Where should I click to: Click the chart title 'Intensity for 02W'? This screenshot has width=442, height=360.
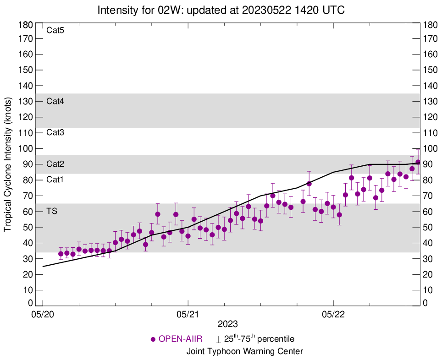[x=221, y=10]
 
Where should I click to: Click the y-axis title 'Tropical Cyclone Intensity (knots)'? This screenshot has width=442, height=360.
[x=8, y=164]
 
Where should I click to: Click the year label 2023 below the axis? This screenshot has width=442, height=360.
[x=227, y=324]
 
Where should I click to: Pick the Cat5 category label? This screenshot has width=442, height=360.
[x=55, y=31]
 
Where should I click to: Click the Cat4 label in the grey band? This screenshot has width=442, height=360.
[x=55, y=101]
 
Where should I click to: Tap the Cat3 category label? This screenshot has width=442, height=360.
[x=55, y=133]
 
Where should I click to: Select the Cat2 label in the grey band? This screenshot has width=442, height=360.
[x=55, y=164]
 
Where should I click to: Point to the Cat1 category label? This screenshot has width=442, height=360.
[x=55, y=180]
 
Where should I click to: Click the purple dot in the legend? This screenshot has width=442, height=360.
[x=153, y=339]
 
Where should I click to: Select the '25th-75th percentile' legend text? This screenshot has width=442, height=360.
[x=259, y=339]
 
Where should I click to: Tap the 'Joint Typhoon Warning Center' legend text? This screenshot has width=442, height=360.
[x=244, y=352]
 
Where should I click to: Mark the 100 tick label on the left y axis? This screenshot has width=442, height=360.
[x=26, y=149]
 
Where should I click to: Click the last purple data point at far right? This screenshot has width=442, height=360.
[x=418, y=162]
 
